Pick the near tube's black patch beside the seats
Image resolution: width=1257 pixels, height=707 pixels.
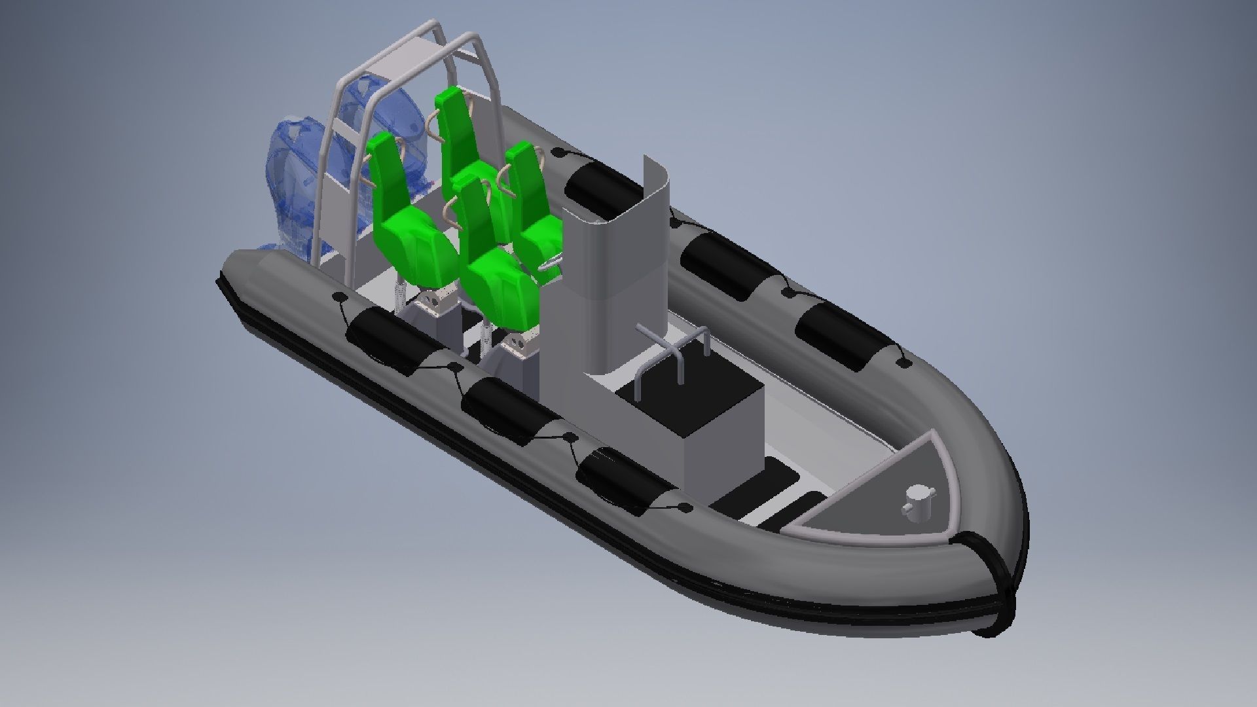(386, 340)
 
